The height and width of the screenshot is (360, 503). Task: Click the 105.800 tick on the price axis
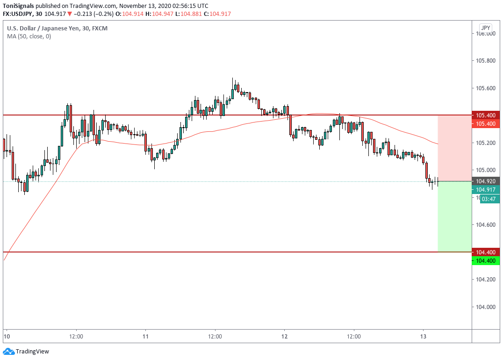click(486, 61)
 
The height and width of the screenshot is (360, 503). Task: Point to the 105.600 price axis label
click(486, 88)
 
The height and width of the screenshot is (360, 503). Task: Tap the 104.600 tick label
click(486, 225)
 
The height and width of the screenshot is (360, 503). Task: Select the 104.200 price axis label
click(486, 280)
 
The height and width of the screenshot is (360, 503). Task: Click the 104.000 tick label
click(486, 307)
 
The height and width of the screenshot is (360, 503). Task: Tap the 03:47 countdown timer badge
click(489, 199)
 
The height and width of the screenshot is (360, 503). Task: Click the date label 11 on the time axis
click(145, 337)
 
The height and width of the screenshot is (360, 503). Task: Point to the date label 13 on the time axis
click(424, 337)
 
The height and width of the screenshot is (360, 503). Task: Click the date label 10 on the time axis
click(7, 337)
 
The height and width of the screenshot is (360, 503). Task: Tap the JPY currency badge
click(485, 28)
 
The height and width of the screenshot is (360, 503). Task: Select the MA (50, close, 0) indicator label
click(29, 36)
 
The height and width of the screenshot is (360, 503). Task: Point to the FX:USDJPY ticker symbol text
click(19, 14)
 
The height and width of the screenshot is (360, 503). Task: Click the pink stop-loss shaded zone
click(454, 148)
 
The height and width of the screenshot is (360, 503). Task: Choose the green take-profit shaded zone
click(454, 216)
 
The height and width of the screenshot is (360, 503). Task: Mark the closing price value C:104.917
click(204, 14)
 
